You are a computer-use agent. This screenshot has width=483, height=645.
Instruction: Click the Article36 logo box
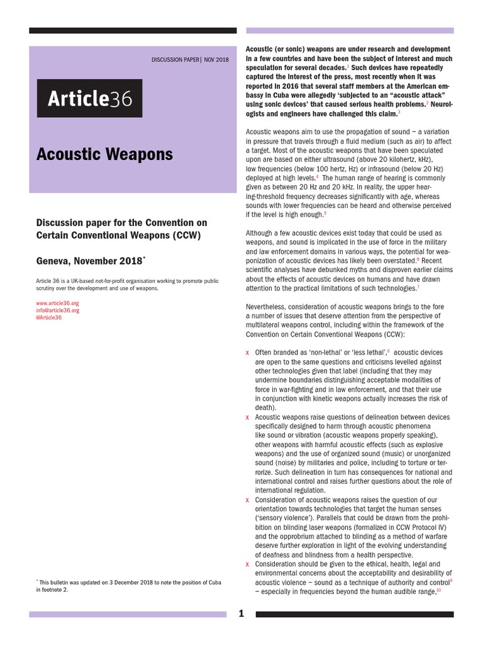point(89,99)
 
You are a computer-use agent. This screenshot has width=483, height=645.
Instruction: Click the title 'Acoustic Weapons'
point(104,154)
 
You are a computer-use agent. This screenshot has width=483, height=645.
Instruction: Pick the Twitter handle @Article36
point(49,317)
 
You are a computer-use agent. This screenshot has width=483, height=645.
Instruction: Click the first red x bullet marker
point(247,353)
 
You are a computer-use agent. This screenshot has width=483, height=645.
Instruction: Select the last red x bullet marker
point(247,564)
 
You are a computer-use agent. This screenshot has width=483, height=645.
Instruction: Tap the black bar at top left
point(133,30)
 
